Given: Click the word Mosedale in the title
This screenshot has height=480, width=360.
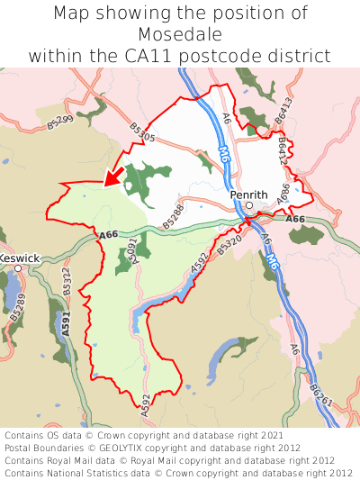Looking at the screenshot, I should (x=180, y=34).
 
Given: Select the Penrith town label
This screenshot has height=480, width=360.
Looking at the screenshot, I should (x=248, y=195).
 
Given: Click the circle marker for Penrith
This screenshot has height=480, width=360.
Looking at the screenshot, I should (x=249, y=205).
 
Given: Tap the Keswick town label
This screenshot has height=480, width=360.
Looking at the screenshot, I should (x=19, y=258).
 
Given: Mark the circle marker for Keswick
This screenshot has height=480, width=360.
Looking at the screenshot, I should (x=17, y=268).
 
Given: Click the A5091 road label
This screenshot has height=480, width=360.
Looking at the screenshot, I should (x=131, y=251).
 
